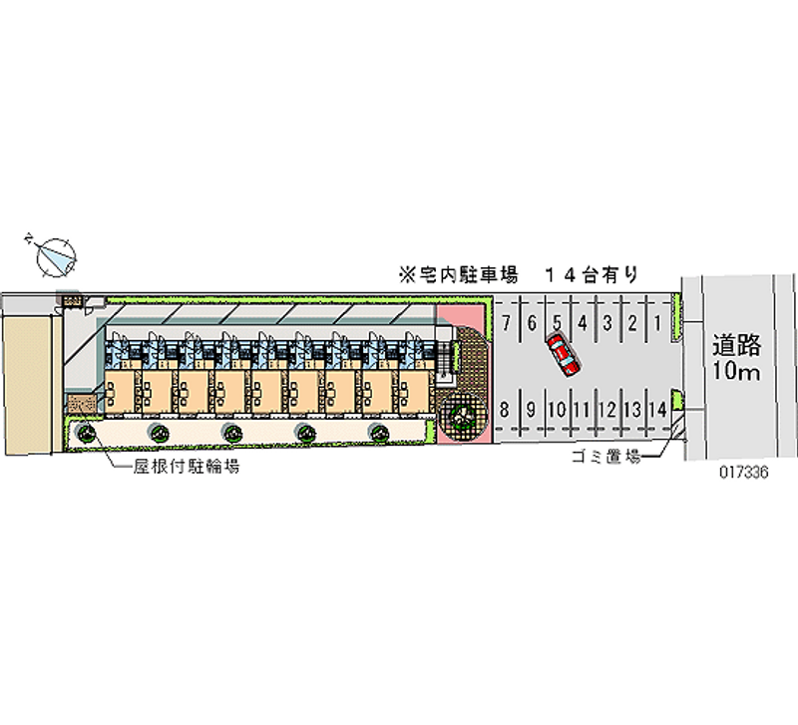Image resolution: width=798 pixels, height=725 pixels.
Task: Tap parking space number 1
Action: [658, 322]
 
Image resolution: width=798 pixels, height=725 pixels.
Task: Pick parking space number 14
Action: [656, 409]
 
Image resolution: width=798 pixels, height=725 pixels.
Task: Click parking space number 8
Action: [506, 409]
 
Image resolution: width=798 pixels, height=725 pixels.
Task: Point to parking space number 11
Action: [582, 409]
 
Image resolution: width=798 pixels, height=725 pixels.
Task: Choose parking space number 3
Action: [607, 322]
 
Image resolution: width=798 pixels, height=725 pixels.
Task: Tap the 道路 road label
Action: [737, 346]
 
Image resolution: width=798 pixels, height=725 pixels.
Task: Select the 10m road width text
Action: [737, 373]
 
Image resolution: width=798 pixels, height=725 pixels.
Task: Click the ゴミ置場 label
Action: [603, 458]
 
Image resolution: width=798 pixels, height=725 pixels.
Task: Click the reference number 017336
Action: [742, 474]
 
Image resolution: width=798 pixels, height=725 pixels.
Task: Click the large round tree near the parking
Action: [462, 413]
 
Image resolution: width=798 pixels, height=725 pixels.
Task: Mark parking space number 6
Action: [532, 322]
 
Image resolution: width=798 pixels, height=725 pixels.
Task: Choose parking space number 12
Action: [606, 409]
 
